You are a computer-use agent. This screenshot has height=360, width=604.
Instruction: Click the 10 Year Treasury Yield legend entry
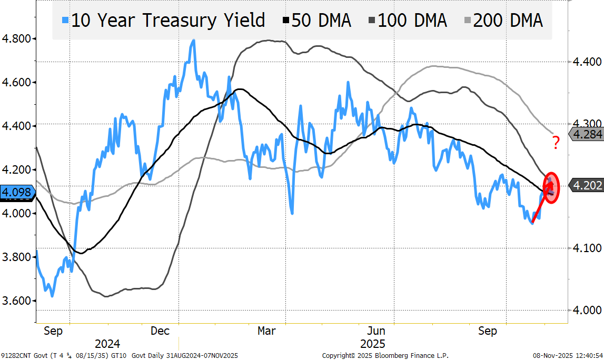tap(167, 21)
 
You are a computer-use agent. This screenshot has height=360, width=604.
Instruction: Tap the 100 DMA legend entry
tap(406, 21)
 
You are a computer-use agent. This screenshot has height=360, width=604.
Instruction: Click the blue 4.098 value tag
tap(16, 192)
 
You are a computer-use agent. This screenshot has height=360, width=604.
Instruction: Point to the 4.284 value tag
tap(587, 134)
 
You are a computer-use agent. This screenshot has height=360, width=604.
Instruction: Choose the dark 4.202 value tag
tap(587, 185)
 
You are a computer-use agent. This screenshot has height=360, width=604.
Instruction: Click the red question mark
tap(555, 143)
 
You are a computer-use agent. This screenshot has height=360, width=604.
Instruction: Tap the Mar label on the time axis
tap(266, 331)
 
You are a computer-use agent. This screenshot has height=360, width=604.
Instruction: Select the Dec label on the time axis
tap(160, 331)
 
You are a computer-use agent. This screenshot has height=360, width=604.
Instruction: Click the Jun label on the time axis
tap(377, 331)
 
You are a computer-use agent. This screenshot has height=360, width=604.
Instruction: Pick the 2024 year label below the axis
tap(107, 344)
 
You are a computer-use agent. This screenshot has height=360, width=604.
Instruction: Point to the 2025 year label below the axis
tap(373, 344)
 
